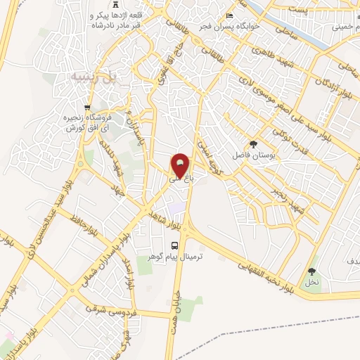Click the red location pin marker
click(x=181, y=166)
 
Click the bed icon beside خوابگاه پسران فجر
click(x=229, y=18)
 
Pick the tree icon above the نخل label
click(x=311, y=271)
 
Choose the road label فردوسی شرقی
click(x=112, y=310)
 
